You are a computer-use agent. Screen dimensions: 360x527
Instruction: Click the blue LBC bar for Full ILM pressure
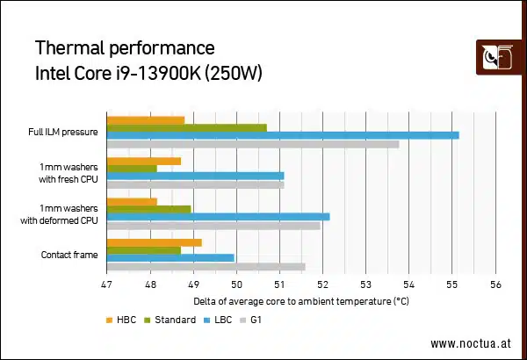[282, 135]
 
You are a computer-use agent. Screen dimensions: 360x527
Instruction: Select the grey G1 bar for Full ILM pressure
[252, 144]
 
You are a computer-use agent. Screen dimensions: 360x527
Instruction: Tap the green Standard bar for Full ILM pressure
[185, 127]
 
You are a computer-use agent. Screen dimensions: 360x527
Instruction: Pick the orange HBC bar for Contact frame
[154, 242]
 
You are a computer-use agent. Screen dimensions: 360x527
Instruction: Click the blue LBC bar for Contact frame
[170, 258]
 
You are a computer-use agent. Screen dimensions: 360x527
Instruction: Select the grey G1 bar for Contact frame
[206, 267]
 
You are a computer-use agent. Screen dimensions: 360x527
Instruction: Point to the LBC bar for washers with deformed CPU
[218, 217]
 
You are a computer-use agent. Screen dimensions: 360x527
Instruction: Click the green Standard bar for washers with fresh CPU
[131, 169]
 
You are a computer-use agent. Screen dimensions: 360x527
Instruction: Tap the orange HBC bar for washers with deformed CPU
[131, 202]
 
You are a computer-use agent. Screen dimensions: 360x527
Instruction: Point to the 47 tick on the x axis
[106, 284]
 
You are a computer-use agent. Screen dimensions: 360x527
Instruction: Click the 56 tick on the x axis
[495, 284]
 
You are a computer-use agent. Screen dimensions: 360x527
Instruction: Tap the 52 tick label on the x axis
[322, 284]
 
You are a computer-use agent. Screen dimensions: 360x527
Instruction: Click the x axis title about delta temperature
[300, 301]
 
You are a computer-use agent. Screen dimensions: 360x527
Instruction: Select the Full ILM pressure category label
[62, 133]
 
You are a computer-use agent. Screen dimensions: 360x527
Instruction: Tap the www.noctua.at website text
[472, 343]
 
